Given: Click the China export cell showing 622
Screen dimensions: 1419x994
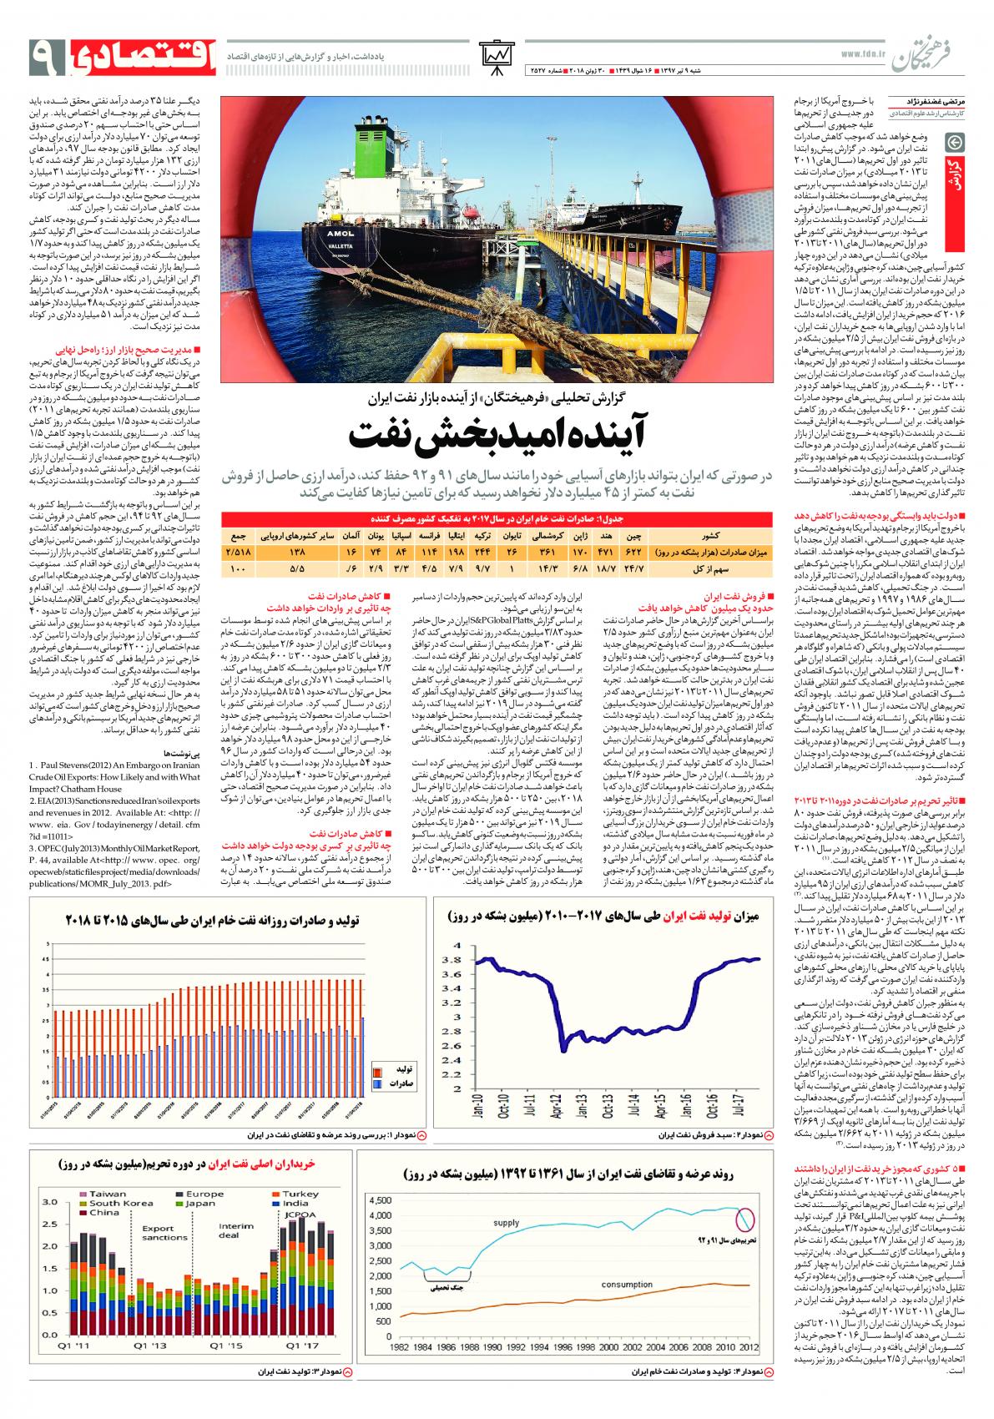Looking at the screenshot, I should click(633, 552).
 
